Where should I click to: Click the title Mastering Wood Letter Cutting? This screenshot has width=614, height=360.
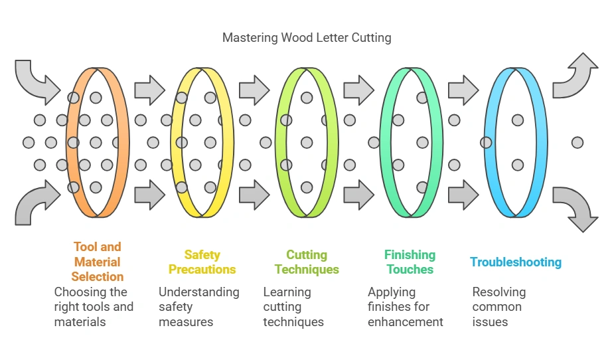307,37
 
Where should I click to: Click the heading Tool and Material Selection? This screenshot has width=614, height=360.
98,262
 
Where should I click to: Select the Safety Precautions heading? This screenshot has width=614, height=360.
202,262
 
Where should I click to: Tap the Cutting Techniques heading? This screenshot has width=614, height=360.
307,262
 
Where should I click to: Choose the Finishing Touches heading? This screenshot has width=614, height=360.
410,262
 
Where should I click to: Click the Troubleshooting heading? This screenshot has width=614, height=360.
516,262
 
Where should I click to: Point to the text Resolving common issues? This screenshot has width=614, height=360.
499,307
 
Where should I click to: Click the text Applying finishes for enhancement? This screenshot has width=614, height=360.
406,307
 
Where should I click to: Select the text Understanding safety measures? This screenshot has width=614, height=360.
198,307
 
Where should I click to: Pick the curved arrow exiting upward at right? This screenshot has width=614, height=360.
576,76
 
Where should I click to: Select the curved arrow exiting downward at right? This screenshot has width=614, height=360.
576,208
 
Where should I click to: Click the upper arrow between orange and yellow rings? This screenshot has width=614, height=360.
149,90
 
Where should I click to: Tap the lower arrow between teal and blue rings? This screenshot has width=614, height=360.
463,195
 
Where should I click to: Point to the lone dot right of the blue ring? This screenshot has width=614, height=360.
577,142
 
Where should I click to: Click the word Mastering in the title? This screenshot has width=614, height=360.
251,37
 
